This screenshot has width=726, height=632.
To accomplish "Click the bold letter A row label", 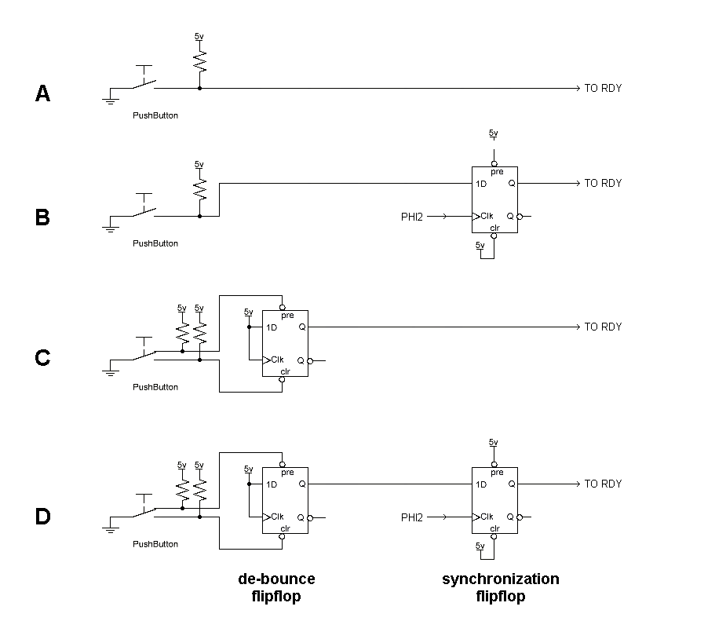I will (x=43, y=94).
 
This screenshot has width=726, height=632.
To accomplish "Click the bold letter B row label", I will (x=43, y=217).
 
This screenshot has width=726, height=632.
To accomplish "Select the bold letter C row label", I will (x=43, y=358).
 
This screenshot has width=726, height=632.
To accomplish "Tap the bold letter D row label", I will (x=43, y=517).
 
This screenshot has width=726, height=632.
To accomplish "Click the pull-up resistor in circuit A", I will (x=199, y=60).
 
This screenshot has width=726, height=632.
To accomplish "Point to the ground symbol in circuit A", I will (x=110, y=98).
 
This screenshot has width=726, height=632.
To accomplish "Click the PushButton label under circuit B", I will (x=155, y=243).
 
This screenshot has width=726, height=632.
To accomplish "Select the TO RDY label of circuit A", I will (x=603, y=88).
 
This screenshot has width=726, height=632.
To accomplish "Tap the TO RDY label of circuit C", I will (x=603, y=327).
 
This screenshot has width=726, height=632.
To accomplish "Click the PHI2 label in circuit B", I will (x=412, y=217).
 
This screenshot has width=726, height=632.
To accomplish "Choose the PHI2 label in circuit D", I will (x=412, y=517).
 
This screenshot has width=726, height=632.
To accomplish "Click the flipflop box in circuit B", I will (x=494, y=199).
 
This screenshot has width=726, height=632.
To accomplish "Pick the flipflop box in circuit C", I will (x=285, y=343).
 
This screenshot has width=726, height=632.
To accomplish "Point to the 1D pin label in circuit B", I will (x=481, y=184).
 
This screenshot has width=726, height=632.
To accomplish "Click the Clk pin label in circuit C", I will (x=277, y=360).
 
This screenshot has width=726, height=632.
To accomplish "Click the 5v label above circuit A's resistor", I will (x=199, y=36).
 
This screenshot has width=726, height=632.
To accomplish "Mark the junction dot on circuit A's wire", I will (x=199, y=88).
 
